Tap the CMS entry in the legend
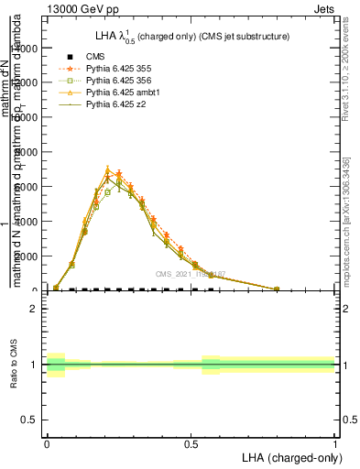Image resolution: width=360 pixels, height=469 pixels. click(x=95, y=57)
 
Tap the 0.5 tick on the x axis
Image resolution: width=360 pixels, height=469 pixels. click(x=191, y=442)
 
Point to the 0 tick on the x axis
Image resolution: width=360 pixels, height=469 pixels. click(x=47, y=442)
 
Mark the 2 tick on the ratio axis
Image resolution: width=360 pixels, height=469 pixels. click(x=34, y=309)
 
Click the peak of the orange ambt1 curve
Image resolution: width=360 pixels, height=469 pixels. click(x=108, y=169)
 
